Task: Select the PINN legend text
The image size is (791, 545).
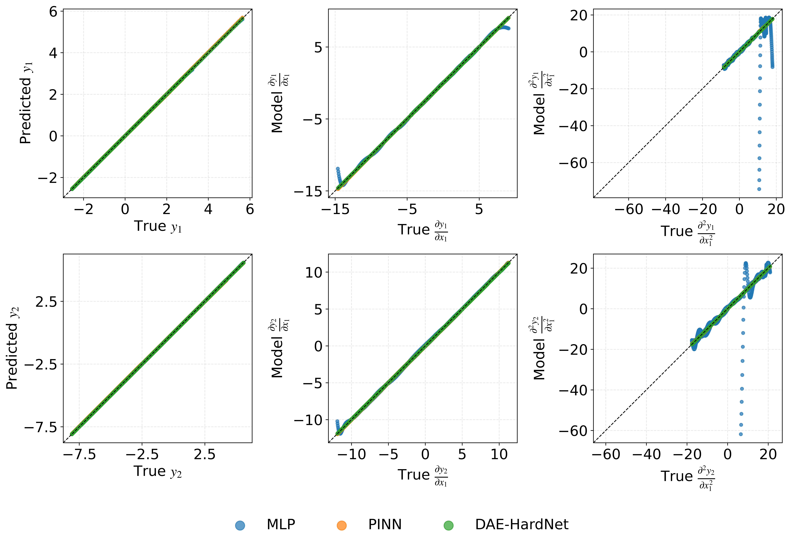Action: click(x=385, y=524)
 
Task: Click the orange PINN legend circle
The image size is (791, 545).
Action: click(x=341, y=525)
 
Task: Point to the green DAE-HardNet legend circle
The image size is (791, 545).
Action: click(x=448, y=525)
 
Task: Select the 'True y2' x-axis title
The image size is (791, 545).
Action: click(x=157, y=472)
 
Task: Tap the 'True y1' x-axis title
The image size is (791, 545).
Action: click(x=157, y=226)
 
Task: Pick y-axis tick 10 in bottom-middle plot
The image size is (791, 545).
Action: click(x=314, y=272)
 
